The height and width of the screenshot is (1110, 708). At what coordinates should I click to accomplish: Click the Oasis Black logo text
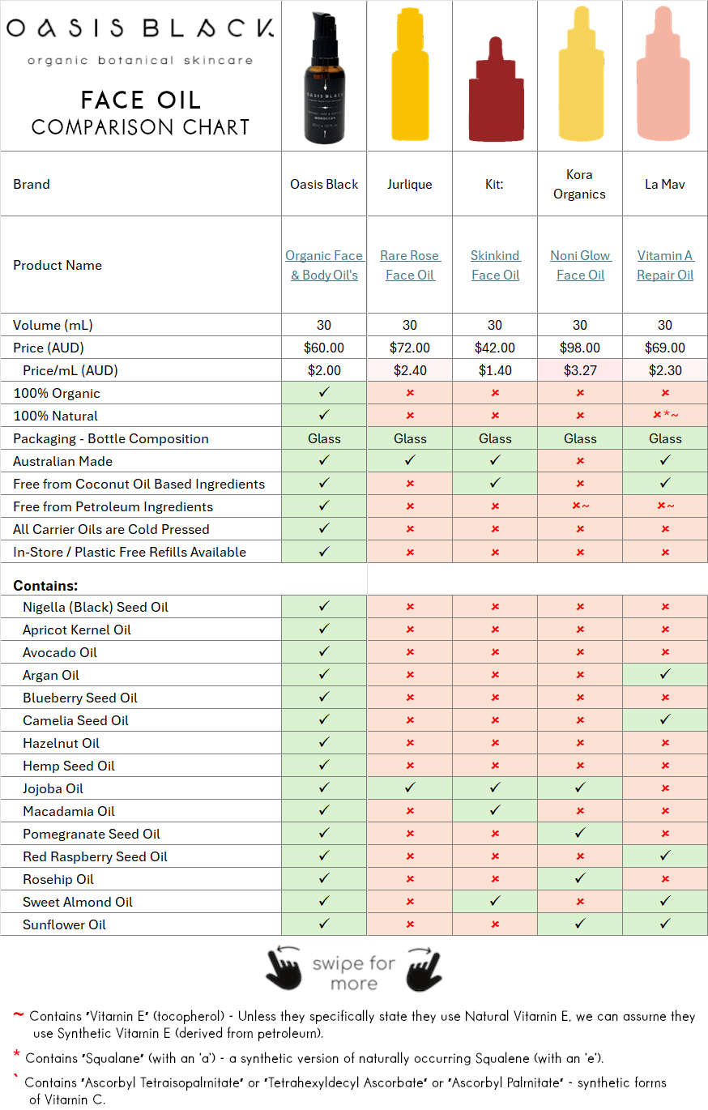tap(139, 30)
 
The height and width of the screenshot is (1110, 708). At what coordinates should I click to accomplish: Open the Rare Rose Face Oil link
tap(410, 265)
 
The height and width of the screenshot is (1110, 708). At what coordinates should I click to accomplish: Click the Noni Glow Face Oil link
tap(580, 265)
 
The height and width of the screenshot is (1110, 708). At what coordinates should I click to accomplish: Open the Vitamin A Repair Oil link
tap(665, 265)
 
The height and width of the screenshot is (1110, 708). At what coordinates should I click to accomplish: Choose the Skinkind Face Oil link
tap(495, 265)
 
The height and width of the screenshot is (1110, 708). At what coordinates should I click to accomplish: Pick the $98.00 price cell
tap(580, 348)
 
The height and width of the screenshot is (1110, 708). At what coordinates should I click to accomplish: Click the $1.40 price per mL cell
tap(495, 370)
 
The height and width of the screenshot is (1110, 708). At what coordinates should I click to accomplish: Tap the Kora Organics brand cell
tap(580, 184)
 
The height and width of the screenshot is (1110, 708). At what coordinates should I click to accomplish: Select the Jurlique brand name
tap(410, 184)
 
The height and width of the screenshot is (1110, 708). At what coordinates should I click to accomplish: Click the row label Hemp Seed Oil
tap(69, 766)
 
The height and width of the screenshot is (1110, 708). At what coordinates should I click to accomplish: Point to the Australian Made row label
tap(62, 461)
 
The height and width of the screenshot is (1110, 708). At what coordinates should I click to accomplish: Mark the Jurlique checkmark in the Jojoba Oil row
tap(410, 788)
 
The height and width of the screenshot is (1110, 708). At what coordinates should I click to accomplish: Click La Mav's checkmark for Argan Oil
tap(665, 674)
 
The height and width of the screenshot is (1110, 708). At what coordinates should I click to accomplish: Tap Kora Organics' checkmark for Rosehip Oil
tap(580, 878)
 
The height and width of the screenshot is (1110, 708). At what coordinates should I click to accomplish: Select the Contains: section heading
tap(45, 585)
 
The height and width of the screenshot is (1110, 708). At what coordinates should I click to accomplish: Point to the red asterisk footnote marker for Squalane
tap(16, 1056)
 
